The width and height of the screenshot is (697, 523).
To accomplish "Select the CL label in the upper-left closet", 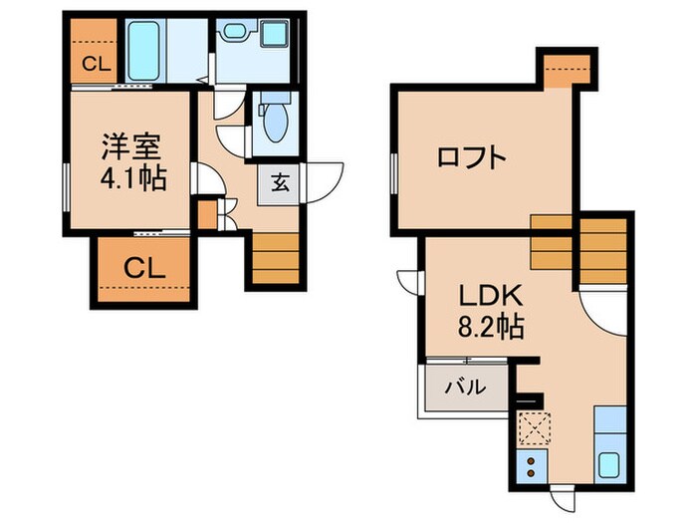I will coord(95,67).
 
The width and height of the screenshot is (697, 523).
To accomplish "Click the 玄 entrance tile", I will coord(279,184).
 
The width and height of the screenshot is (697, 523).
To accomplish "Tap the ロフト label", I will coord(472,157).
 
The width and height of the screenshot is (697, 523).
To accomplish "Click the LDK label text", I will coord(485,296).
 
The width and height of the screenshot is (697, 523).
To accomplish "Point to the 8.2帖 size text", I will coord(486,326).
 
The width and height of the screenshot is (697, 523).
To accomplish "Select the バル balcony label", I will coord(464,387).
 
